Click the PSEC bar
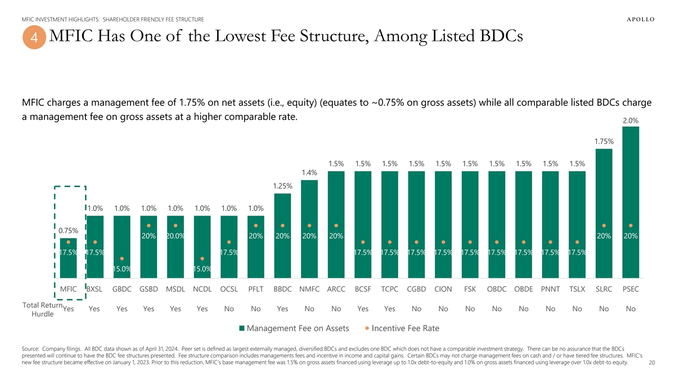pos(631,203)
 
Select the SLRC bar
pos(604,214)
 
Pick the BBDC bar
pos(282,236)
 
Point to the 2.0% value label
pos(631,120)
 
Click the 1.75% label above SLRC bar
pos(604,141)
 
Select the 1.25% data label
pos(282,186)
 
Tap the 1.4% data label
pos(309,173)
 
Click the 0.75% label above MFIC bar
pos(68,231)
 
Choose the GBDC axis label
pos(122,289)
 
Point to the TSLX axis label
pos(577,289)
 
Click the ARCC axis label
pos(336,289)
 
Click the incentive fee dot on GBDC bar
pos(122,259)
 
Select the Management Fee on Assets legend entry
pos(294,328)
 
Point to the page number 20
pos(652,363)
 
